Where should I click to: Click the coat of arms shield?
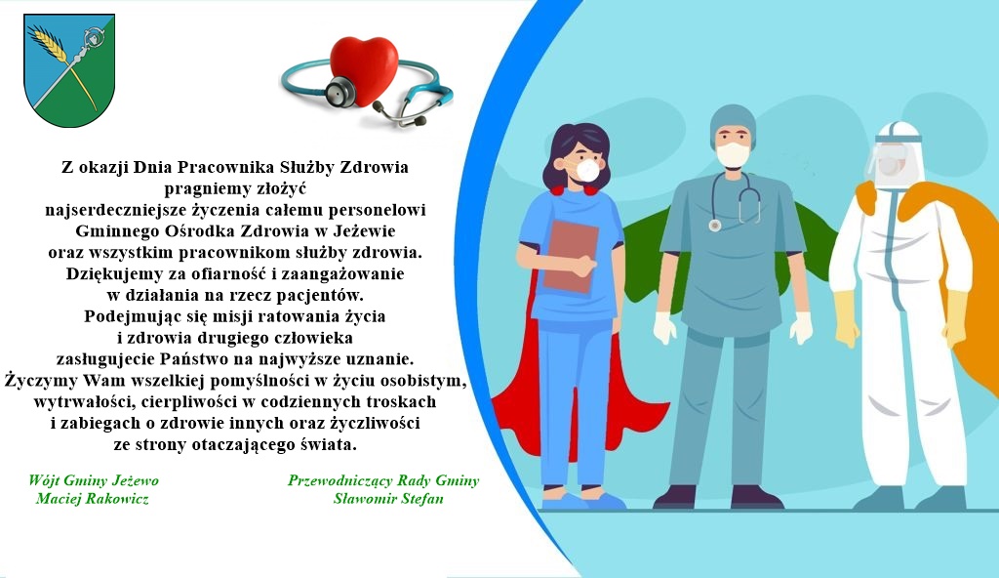(69, 70)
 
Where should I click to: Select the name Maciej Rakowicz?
(93, 498)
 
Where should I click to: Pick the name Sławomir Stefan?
(388, 498)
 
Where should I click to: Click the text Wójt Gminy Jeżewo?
(94, 480)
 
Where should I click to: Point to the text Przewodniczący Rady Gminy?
(383, 480)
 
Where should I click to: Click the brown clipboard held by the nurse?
(570, 257)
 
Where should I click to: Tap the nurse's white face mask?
(586, 170)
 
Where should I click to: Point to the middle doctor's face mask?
(733, 154)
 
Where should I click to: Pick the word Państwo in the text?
(196, 358)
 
